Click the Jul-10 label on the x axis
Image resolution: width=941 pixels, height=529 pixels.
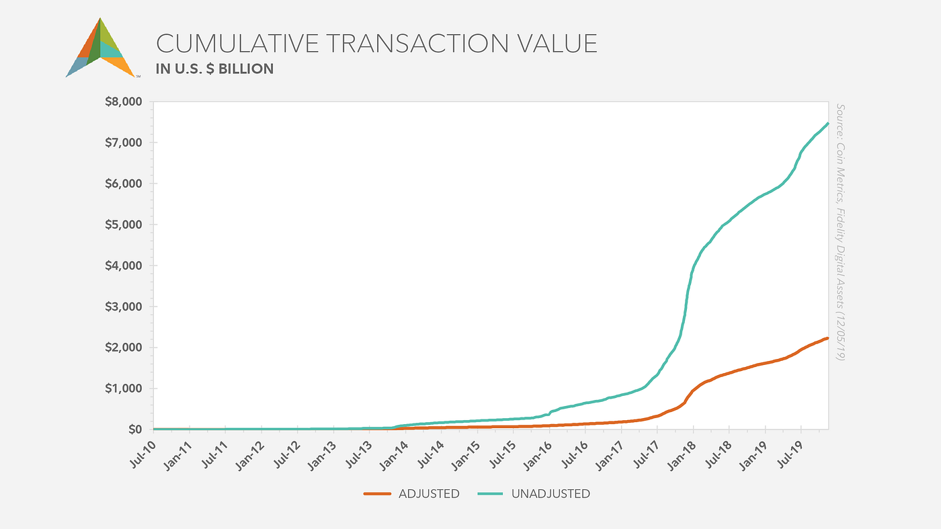coord(143,454)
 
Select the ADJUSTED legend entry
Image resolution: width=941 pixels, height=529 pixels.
coord(429,494)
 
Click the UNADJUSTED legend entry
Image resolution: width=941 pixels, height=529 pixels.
coord(550,494)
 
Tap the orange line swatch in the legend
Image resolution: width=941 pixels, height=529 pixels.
coord(378,494)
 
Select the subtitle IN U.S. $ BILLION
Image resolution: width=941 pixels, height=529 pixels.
coord(214,69)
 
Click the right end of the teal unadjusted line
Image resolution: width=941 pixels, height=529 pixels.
coord(827,124)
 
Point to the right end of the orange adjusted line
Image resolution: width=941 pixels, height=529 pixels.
coord(827,338)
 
